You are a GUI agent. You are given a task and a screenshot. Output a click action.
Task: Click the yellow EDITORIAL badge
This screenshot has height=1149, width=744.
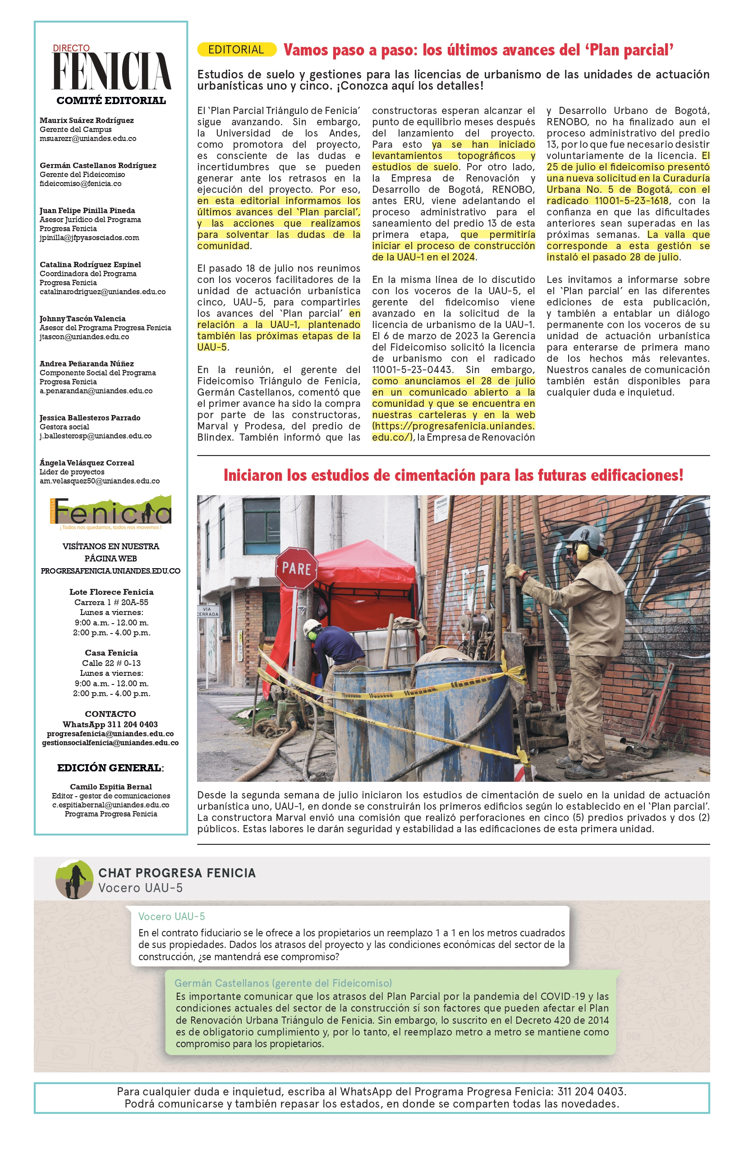(x=236, y=50)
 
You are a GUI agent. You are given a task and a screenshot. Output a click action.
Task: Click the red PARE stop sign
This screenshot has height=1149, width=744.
(x=296, y=568)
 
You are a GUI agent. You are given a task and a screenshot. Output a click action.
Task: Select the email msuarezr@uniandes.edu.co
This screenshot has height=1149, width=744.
(x=88, y=139)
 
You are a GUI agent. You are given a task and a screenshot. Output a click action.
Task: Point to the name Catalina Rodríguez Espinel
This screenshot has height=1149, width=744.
(x=90, y=264)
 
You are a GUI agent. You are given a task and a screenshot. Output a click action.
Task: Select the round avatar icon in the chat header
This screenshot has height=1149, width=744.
(x=74, y=879)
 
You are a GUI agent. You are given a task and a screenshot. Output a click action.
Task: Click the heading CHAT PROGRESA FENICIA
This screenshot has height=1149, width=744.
(x=177, y=873)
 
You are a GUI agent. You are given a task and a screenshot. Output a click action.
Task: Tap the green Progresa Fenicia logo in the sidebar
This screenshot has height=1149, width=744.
(x=110, y=512)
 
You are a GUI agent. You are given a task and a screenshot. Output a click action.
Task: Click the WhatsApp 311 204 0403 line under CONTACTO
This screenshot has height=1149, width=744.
(x=110, y=724)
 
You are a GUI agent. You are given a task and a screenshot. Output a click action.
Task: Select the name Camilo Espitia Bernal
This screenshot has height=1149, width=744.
(x=110, y=786)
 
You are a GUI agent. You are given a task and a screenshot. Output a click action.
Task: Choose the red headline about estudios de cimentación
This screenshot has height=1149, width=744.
(x=453, y=475)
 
